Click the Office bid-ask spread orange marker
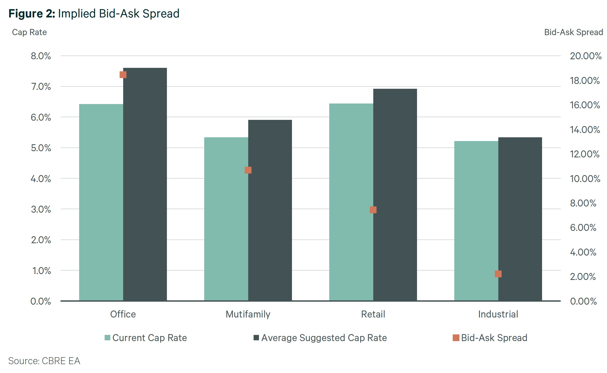pos(123,75)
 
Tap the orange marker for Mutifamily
pos(248,170)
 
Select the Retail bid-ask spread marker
pos(373,210)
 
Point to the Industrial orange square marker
pos(498,274)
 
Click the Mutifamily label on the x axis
pos(248,314)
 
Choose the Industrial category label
pos(498,314)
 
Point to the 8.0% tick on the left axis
pos(41,56)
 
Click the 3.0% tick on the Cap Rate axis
pos(41,209)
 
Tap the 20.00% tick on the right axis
pos(586,56)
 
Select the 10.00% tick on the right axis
pos(585,179)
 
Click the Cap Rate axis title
pos(29,32)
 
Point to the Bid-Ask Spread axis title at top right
pos(573,32)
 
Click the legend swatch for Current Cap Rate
pos(107,338)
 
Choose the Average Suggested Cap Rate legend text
pos(324,338)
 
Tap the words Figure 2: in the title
pos(32,13)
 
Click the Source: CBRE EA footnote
pos(44,361)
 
